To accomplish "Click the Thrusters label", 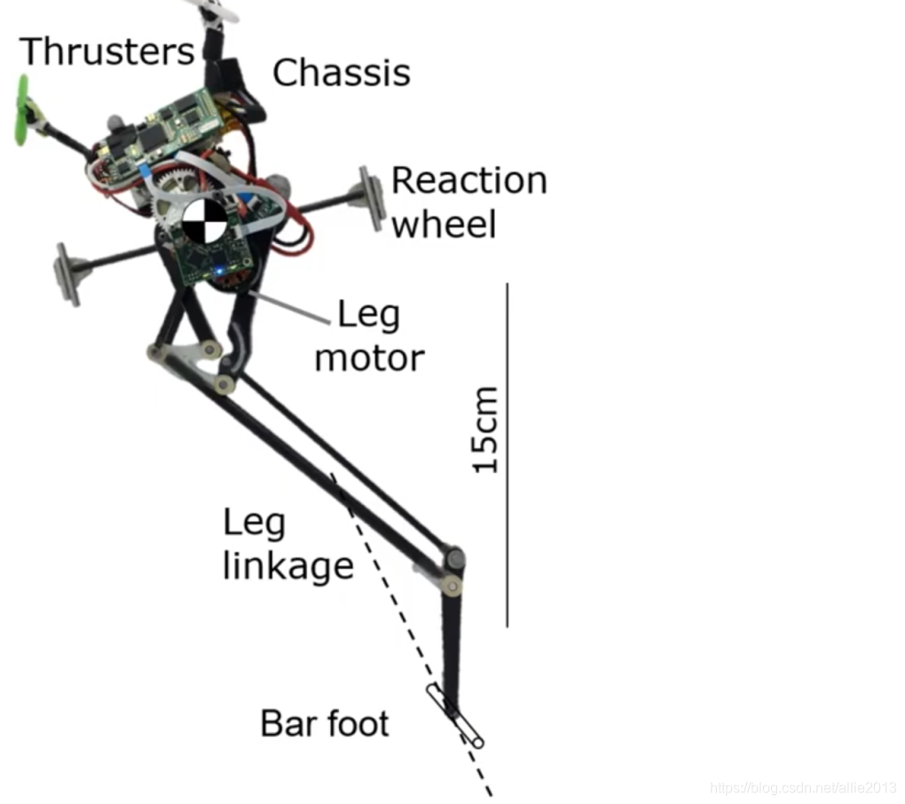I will [x=106, y=51].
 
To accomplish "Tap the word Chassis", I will [x=342, y=73].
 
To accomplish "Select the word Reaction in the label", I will [x=468, y=181].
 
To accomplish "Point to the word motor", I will [x=369, y=359].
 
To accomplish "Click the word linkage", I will [x=287, y=566].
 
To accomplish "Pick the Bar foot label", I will [x=325, y=724].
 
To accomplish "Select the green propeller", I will [x=22, y=110].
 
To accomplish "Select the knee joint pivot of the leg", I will [x=454, y=560].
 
